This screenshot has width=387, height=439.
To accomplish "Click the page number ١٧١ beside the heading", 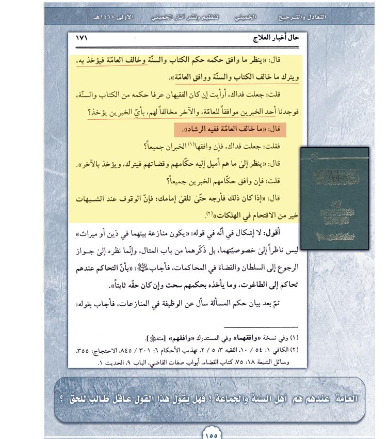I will (x=83, y=38).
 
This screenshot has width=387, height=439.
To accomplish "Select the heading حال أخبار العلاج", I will (x=279, y=38).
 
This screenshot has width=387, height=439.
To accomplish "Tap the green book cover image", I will (x=334, y=199).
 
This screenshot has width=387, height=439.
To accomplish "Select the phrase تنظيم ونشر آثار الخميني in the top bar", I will (x=184, y=17).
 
